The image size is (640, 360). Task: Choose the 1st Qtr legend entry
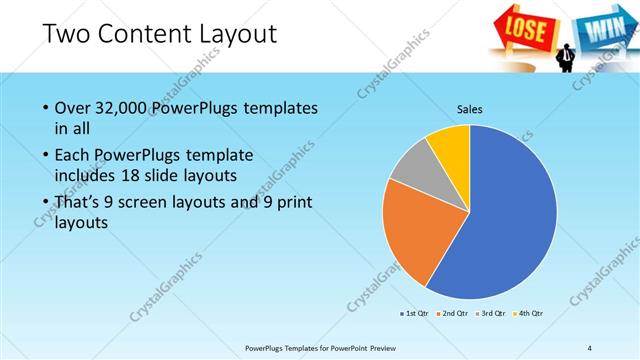point(414,314)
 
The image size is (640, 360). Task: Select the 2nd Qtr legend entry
point(453,314)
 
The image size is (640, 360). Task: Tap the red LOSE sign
point(523,26)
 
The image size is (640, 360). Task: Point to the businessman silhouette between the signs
point(565,55)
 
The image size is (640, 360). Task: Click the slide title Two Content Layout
point(160,34)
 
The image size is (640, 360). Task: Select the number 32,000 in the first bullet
point(122,108)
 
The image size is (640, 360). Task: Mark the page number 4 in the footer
point(589,346)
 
